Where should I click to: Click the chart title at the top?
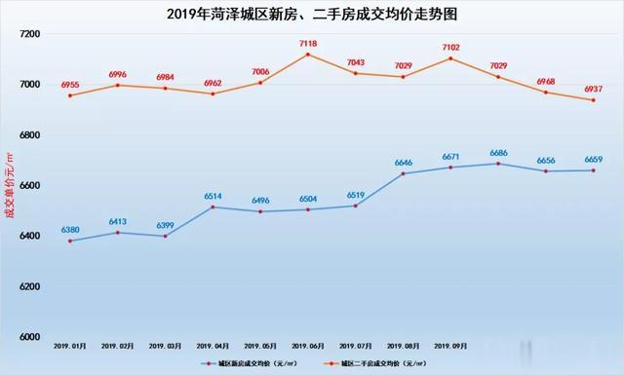[312, 14]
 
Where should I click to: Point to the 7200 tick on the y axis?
[29, 34]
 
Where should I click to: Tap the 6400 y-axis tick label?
[29, 237]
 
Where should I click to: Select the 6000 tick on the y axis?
[29, 338]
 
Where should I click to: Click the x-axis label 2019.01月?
[70, 345]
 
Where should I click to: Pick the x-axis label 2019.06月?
[308, 345]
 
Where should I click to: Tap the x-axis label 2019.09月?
[451, 345]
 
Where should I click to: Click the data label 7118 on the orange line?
[308, 44]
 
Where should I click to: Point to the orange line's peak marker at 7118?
[308, 55]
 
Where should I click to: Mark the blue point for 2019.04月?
[213, 206]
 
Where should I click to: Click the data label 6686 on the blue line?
[498, 153]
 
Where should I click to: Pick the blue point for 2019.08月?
[404, 173]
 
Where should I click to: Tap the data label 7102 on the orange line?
[451, 47]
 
